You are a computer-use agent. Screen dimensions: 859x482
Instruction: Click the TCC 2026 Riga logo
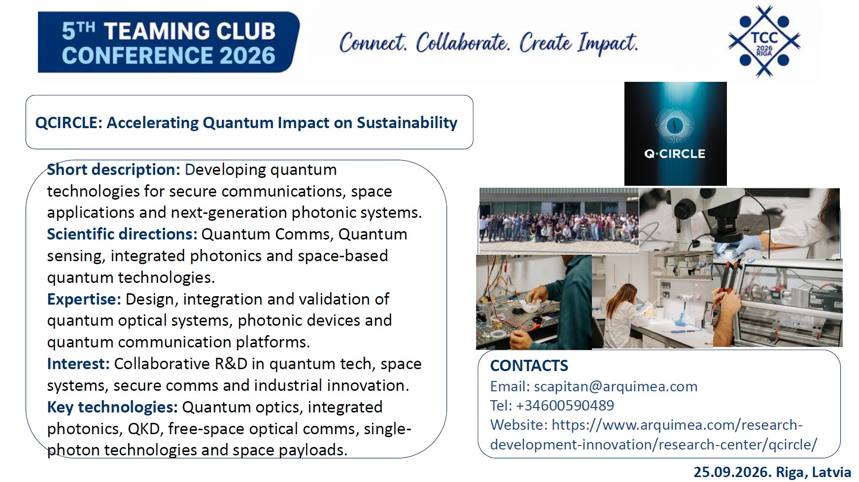coord(764,41)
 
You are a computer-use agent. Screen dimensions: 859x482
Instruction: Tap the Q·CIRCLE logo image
coord(675,134)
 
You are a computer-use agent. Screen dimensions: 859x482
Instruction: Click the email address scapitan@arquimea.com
coord(616,386)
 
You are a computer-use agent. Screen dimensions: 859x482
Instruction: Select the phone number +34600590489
coord(565,406)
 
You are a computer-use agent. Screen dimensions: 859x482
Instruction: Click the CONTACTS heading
coord(529,366)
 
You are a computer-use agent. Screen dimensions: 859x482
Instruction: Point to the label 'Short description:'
coord(114,170)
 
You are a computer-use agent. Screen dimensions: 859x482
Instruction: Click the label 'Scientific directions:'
coord(122,234)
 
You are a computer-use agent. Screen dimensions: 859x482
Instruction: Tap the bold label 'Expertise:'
coord(84,299)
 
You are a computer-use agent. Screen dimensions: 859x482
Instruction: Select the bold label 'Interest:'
coord(78,364)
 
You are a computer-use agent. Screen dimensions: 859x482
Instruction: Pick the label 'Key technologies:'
coord(112,407)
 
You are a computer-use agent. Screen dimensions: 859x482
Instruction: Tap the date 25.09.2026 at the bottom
coord(732,472)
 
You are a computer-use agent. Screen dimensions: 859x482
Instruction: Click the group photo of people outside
coord(559,221)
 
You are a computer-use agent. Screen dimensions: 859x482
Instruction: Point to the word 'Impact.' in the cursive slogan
coord(608,43)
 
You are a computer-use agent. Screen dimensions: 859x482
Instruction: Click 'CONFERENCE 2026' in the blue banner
coord(169,56)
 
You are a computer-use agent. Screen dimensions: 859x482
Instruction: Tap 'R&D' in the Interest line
coord(231,364)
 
